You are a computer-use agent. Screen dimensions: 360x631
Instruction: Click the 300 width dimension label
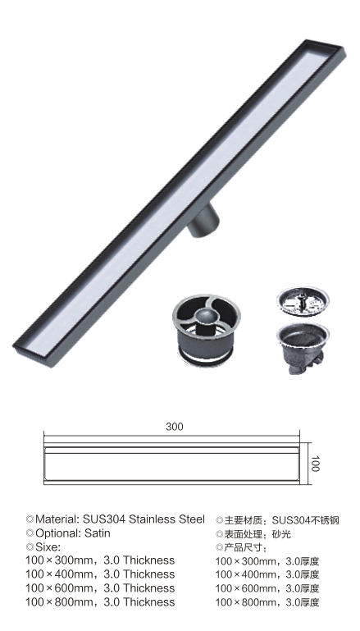[175, 427]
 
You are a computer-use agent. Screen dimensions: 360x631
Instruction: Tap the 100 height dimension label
[315, 464]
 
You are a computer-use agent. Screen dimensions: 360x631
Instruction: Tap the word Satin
[98, 533]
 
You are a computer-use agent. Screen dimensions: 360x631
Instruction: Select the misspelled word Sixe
[47, 546]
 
